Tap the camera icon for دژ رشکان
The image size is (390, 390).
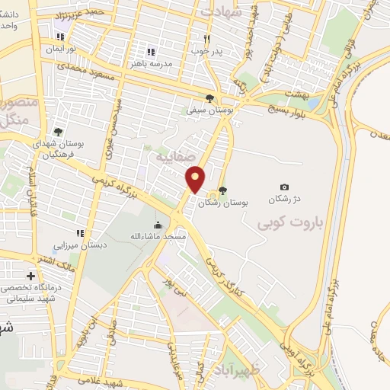click(284, 187)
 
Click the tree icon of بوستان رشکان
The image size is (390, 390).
click(222, 190)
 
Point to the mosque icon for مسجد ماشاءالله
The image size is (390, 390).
click(158, 225)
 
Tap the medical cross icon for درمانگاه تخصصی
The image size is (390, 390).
click(30, 276)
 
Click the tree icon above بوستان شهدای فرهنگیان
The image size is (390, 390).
click(58, 132)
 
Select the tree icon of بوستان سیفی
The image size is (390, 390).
click(209, 97)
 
